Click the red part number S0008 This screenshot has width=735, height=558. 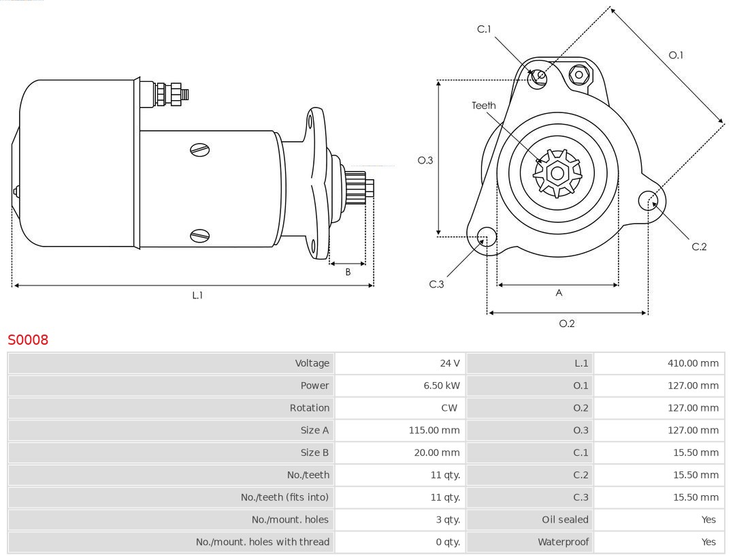click(28, 339)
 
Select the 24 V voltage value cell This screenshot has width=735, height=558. click(449, 363)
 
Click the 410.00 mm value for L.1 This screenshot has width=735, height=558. click(692, 363)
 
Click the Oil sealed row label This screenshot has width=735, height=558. click(565, 520)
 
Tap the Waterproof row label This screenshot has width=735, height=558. click(563, 542)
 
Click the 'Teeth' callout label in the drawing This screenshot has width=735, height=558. click(484, 106)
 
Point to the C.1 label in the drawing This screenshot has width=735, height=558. click(484, 29)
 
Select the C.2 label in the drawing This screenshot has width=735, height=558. click(699, 247)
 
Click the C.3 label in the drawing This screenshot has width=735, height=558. click(436, 284)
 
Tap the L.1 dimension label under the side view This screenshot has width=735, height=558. click(197, 295)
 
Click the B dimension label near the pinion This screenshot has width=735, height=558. click(348, 272)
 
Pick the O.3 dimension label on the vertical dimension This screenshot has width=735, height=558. click(425, 161)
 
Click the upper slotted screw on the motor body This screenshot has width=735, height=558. click(200, 150)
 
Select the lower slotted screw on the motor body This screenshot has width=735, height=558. click(200, 236)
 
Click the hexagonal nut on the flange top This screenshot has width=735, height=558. click(578, 74)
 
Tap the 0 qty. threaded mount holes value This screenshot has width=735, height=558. click(448, 542)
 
